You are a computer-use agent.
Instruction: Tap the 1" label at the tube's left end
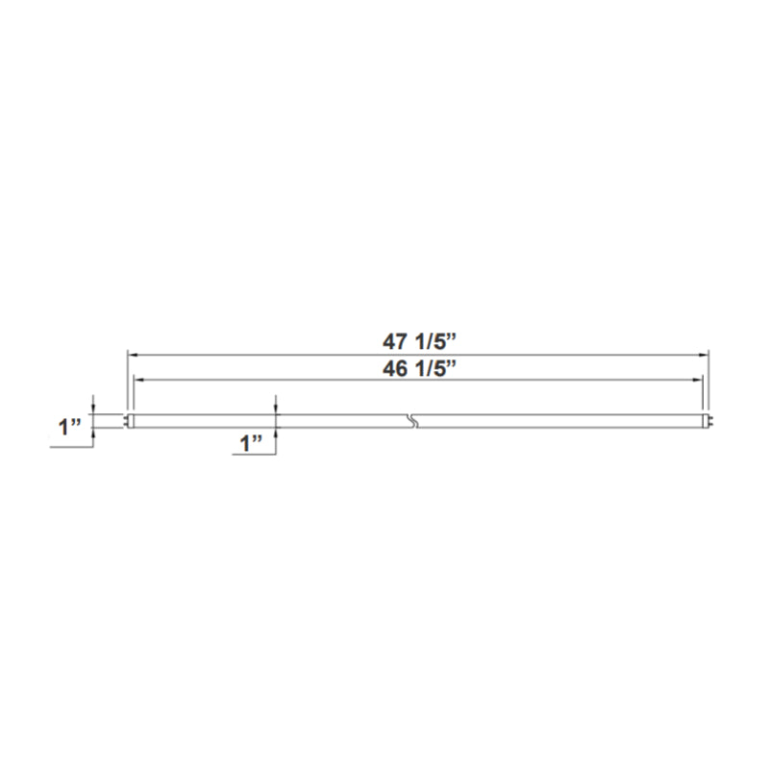69,427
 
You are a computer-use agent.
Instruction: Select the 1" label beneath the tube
252,443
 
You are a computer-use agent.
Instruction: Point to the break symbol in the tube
412,421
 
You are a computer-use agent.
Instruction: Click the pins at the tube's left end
126,421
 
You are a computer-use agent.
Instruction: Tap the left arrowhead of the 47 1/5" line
132,354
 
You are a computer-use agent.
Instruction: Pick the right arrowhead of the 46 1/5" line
699,380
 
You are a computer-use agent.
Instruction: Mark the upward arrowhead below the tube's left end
92,433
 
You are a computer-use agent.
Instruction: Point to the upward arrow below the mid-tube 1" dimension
276,433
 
